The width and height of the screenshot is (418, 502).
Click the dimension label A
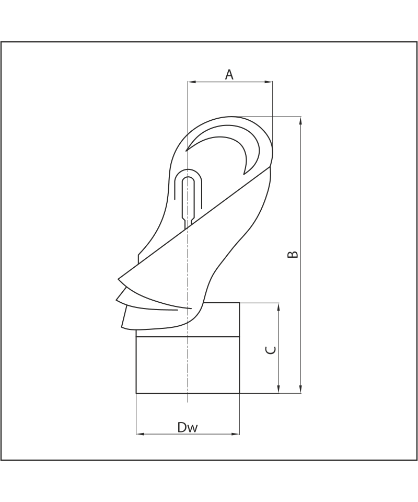(x=229, y=75)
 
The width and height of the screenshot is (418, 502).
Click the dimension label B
(x=293, y=254)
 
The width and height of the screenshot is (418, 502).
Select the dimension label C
(x=271, y=350)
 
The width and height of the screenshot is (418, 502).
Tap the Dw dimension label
(x=188, y=427)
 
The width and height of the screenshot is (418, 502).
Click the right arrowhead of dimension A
(x=269, y=82)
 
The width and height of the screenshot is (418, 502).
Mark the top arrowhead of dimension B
(x=300, y=121)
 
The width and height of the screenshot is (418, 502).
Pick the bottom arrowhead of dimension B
(x=300, y=389)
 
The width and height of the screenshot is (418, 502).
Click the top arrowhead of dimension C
(x=279, y=307)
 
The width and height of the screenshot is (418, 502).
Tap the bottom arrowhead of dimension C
(x=279, y=389)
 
